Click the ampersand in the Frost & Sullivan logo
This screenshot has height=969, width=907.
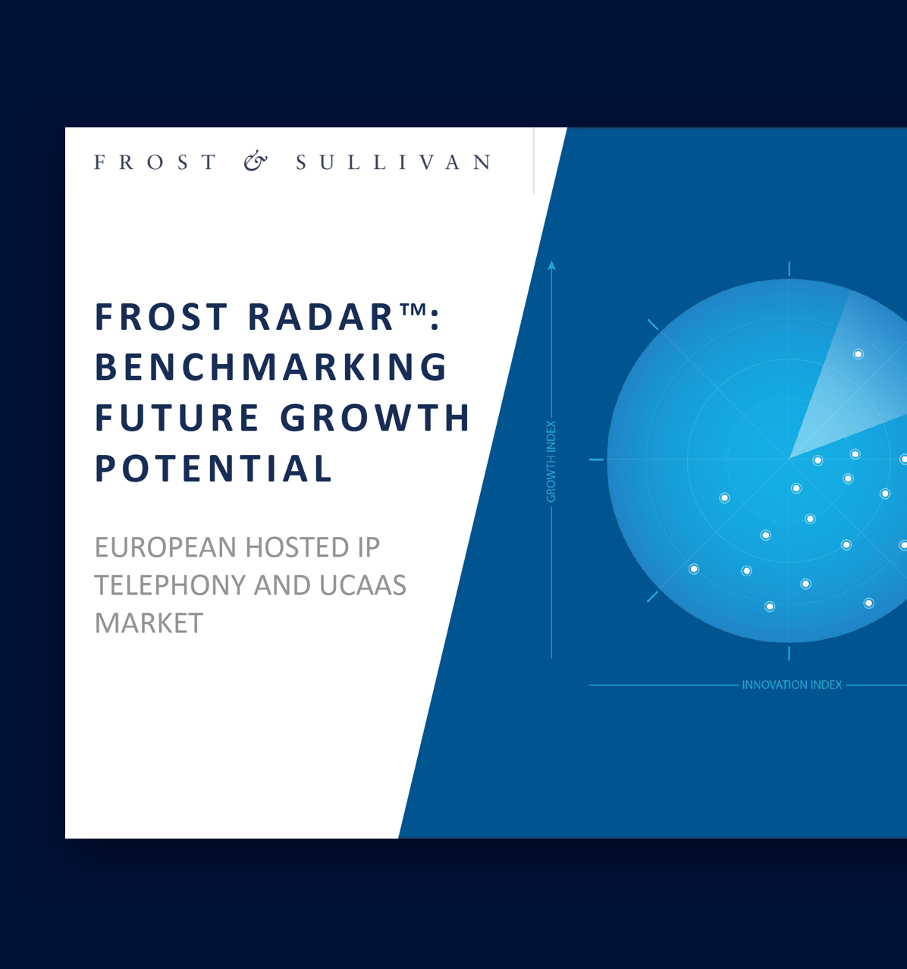pos(256,162)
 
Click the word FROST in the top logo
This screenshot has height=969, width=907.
pos(155,162)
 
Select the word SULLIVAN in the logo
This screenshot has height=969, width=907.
pos(394,162)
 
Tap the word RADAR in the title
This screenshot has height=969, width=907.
pos(321,317)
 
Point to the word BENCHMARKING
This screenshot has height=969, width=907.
pos(271,368)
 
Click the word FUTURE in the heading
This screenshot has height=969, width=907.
pos(177,418)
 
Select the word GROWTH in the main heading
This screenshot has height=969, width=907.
pos(375,418)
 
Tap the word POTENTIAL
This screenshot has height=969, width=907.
pos(213,469)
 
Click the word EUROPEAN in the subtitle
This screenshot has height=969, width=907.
pos(165,547)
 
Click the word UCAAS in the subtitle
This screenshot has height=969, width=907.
pos(362,585)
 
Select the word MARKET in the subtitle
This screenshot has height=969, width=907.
pos(149,623)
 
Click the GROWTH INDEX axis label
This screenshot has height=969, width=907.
pos(551,462)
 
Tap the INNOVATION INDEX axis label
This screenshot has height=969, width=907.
pos(792,685)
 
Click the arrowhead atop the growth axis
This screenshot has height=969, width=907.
pos(551,265)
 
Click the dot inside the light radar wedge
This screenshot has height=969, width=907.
pos(858,354)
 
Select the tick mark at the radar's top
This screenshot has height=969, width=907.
pos(789,268)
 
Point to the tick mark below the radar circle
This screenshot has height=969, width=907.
pos(789,653)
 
